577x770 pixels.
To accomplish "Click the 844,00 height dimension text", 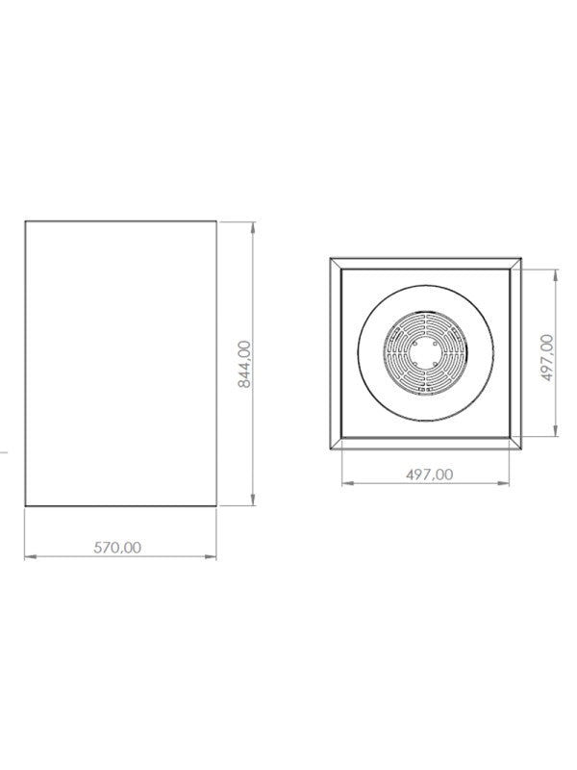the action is pos(244,364).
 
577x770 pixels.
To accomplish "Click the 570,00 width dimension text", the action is pos(117,547).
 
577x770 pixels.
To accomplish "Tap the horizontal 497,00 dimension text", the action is pos(430,475).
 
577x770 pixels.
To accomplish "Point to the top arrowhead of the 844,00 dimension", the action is pos(253,227).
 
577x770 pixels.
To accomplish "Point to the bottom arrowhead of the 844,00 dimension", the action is pos(253,500).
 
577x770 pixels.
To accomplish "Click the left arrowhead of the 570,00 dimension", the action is pos(30,556).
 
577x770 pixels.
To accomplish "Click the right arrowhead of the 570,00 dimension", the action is pos(211,556).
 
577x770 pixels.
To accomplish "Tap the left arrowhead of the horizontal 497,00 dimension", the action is pos(347,484).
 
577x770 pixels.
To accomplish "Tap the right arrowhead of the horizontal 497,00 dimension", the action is pos(503,484).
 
